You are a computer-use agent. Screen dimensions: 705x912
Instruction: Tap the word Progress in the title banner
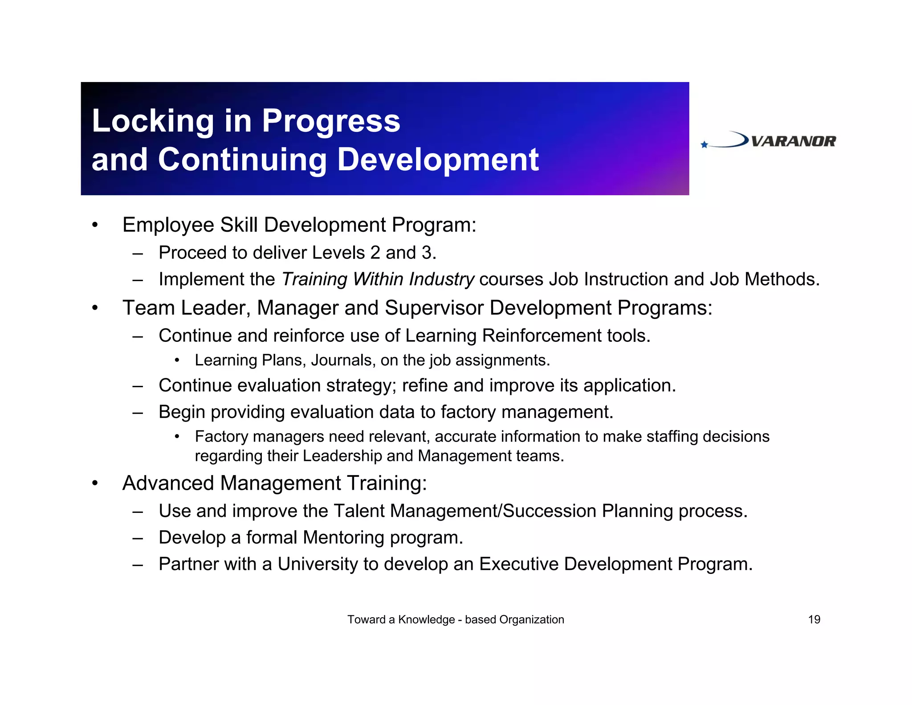331,121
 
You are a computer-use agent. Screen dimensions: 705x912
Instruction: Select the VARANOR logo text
793,142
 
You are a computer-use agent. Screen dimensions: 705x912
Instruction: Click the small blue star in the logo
704,144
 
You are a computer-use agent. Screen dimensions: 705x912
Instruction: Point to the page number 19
814,619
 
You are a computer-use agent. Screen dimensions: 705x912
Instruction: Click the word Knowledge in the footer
426,619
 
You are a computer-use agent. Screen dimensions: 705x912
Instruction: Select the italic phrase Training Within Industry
378,279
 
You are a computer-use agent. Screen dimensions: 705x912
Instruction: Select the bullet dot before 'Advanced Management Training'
94,483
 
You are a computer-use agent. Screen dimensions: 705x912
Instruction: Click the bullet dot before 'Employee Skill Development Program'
94,225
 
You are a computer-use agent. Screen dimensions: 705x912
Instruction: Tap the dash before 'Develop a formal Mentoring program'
138,538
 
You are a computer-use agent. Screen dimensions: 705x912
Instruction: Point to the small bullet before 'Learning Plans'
177,361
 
